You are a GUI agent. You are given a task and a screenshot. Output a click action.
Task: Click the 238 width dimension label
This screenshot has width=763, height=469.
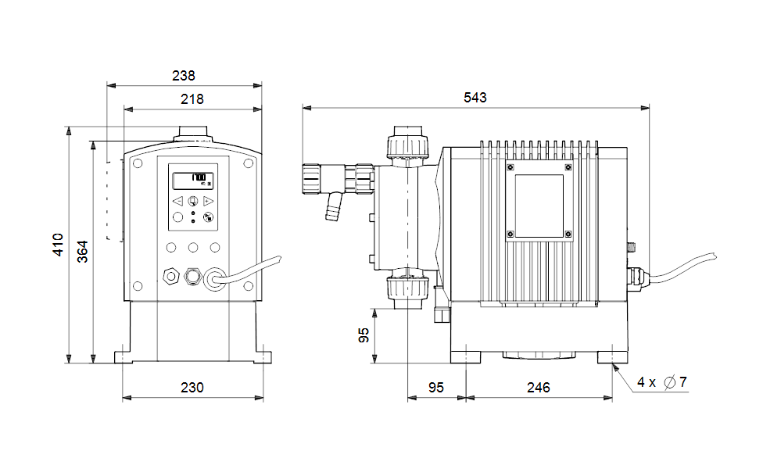[x=184, y=76]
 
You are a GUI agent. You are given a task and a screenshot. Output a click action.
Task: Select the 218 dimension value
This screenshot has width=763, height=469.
[x=192, y=99]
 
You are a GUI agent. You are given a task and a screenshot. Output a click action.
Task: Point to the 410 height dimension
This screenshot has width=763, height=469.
[x=58, y=244]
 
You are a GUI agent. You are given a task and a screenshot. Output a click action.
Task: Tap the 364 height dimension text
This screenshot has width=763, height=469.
[x=82, y=251]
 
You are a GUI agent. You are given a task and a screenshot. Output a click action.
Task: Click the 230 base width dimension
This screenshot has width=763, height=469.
[x=192, y=388]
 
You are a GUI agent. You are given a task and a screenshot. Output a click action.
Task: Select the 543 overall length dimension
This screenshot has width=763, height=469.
[x=475, y=98]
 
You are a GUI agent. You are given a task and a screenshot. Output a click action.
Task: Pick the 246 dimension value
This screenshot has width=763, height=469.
[x=538, y=388]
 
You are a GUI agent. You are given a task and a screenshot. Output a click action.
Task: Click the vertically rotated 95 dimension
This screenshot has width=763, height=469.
[x=364, y=335]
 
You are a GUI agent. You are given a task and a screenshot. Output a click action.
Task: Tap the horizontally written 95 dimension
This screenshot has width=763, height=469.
[x=435, y=388]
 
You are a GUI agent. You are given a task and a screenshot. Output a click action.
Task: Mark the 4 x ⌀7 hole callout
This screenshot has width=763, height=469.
[x=661, y=382]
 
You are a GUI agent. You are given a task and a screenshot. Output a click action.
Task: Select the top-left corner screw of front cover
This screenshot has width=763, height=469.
[x=138, y=164]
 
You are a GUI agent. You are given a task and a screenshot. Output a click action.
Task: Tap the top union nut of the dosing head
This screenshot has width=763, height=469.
[x=407, y=144]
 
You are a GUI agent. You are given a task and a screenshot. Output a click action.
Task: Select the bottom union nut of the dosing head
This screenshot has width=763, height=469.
[x=407, y=288]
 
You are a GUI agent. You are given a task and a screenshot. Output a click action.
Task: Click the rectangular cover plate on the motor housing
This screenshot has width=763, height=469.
[x=539, y=202]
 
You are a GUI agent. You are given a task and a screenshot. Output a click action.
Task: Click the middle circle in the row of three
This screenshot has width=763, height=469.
[x=192, y=248]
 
